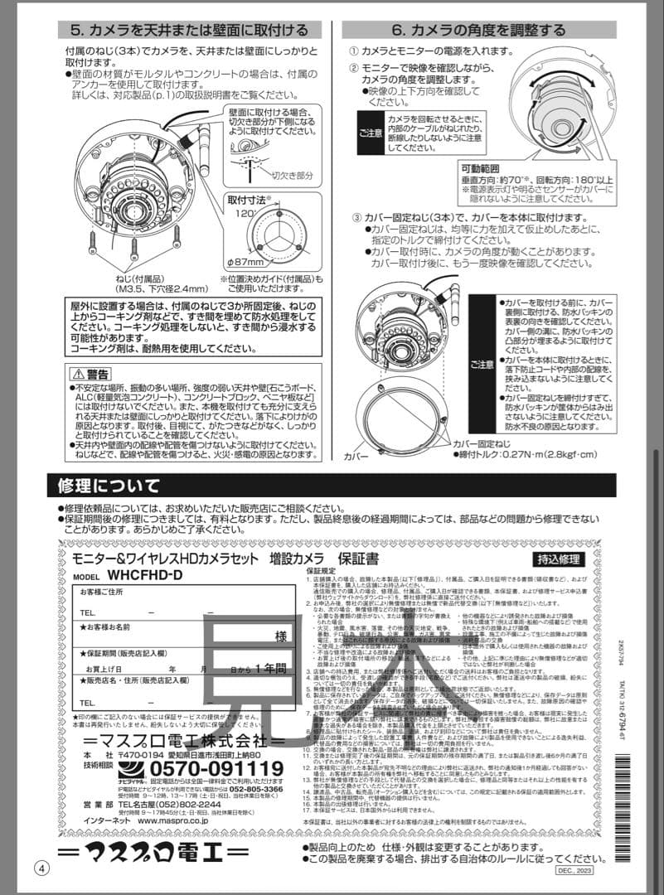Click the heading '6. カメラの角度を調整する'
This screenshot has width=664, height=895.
click(477, 31)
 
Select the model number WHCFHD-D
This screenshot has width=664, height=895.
click(144, 574)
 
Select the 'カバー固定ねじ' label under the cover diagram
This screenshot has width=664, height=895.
click(489, 443)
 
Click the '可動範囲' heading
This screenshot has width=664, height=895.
click(482, 169)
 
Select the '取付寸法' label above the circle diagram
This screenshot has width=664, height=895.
click(251, 200)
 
